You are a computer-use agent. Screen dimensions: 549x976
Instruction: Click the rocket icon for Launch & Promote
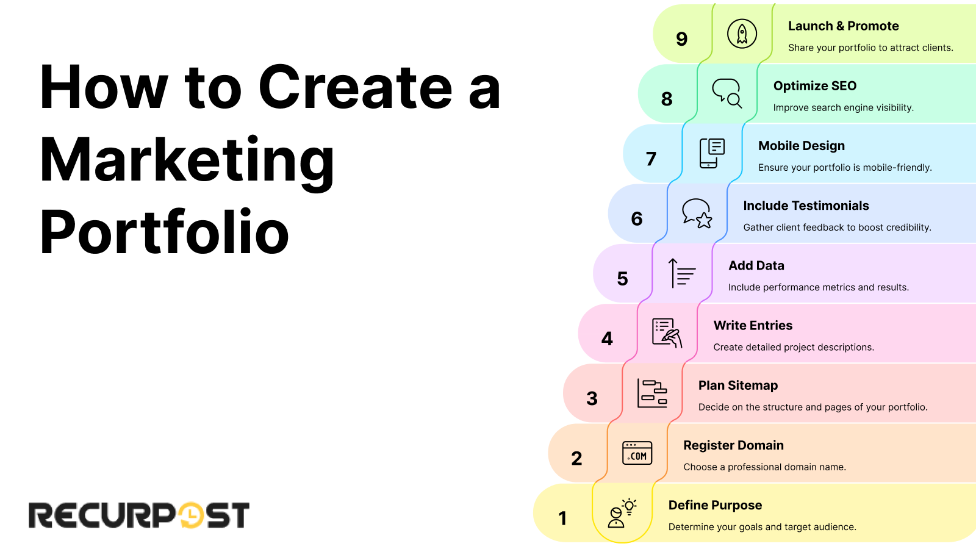[742, 34]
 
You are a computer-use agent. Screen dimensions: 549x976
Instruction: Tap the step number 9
[682, 39]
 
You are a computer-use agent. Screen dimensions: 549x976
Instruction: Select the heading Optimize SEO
[814, 86]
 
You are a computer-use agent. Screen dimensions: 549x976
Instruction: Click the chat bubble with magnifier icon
[727, 93]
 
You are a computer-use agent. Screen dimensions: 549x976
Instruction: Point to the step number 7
[651, 159]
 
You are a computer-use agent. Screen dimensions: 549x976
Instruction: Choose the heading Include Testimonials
[806, 206]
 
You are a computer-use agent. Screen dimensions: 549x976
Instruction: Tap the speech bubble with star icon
[697, 213]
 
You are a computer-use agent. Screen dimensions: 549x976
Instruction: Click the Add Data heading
[756, 265]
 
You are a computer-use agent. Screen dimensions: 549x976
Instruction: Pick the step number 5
[622, 279]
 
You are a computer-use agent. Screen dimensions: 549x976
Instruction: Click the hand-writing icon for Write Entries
[667, 333]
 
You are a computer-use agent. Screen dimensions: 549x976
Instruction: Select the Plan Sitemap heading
[738, 386]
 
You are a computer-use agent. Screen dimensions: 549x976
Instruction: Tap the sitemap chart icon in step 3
[652, 393]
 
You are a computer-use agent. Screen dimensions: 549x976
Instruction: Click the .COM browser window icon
[637, 453]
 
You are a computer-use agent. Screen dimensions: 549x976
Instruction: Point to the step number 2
[576, 458]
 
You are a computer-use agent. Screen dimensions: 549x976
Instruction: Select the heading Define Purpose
[715, 505]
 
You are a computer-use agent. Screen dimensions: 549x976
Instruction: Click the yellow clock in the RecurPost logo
[191, 515]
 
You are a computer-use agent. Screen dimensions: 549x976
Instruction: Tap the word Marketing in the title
[187, 160]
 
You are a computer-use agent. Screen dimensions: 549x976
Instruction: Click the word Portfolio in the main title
[164, 232]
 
